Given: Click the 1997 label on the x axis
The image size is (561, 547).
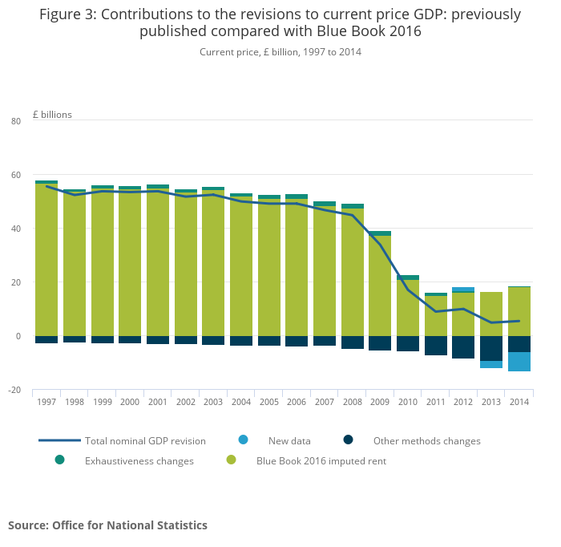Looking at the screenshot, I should (46, 402).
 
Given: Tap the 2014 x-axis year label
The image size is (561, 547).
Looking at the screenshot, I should (519, 402).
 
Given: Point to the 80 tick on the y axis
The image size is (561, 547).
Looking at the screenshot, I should (16, 121).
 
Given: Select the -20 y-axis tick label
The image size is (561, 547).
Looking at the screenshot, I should (14, 390).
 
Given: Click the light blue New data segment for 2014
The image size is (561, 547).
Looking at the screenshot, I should (519, 362).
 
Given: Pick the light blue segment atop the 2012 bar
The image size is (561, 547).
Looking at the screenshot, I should (463, 290).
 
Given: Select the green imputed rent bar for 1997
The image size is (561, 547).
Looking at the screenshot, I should (46, 260).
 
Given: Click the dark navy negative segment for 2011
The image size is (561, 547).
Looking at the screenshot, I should (436, 346).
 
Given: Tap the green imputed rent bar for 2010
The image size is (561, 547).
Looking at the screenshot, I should (408, 308).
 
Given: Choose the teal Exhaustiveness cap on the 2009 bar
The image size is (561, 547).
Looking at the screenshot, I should (380, 233).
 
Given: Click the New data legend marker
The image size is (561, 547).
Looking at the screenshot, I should (244, 440).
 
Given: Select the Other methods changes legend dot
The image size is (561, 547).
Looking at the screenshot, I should (349, 440).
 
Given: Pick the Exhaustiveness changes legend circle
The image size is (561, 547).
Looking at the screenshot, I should (60, 460).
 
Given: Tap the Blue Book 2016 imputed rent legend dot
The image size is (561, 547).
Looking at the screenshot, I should (232, 460).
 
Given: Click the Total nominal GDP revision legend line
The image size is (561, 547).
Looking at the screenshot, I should (60, 440).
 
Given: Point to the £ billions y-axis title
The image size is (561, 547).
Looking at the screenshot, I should (52, 115).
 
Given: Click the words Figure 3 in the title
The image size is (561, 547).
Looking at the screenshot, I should (67, 14).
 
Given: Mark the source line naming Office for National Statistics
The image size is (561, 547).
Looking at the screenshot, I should (107, 525).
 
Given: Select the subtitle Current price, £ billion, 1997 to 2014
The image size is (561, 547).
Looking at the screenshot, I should (280, 52).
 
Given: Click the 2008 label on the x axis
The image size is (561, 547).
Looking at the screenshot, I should (352, 402).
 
